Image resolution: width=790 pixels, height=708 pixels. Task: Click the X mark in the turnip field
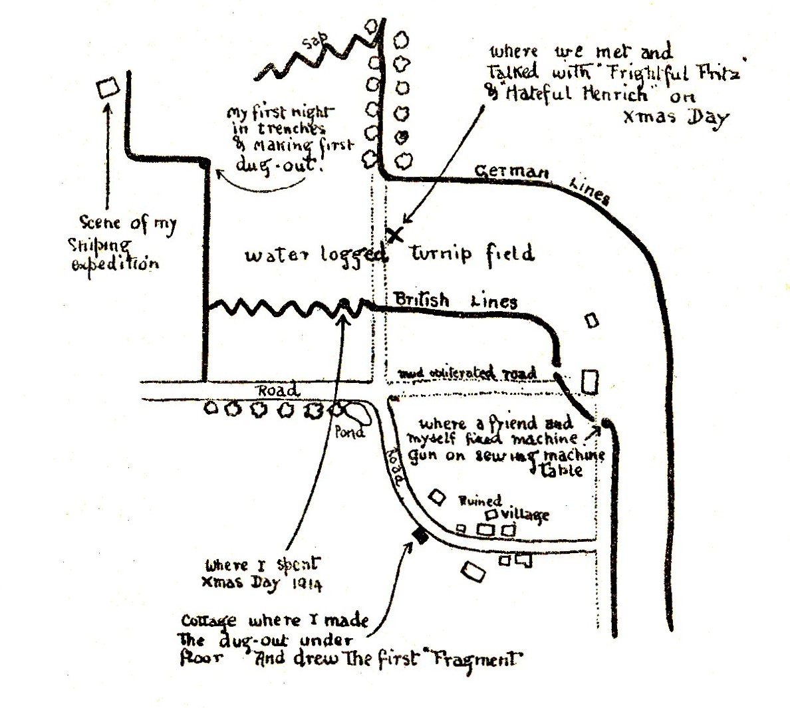396,234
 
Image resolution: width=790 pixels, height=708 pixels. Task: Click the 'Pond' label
349,433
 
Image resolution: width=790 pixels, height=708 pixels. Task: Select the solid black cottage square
420,535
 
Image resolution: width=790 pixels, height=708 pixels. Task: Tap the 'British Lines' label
456,300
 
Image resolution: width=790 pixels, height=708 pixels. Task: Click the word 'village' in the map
526,513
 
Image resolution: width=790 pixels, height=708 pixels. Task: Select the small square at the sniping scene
107,88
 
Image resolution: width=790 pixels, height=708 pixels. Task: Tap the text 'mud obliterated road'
467,373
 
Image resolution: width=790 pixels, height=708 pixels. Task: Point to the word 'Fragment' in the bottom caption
483,661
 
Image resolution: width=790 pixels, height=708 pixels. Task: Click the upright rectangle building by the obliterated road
589,382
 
